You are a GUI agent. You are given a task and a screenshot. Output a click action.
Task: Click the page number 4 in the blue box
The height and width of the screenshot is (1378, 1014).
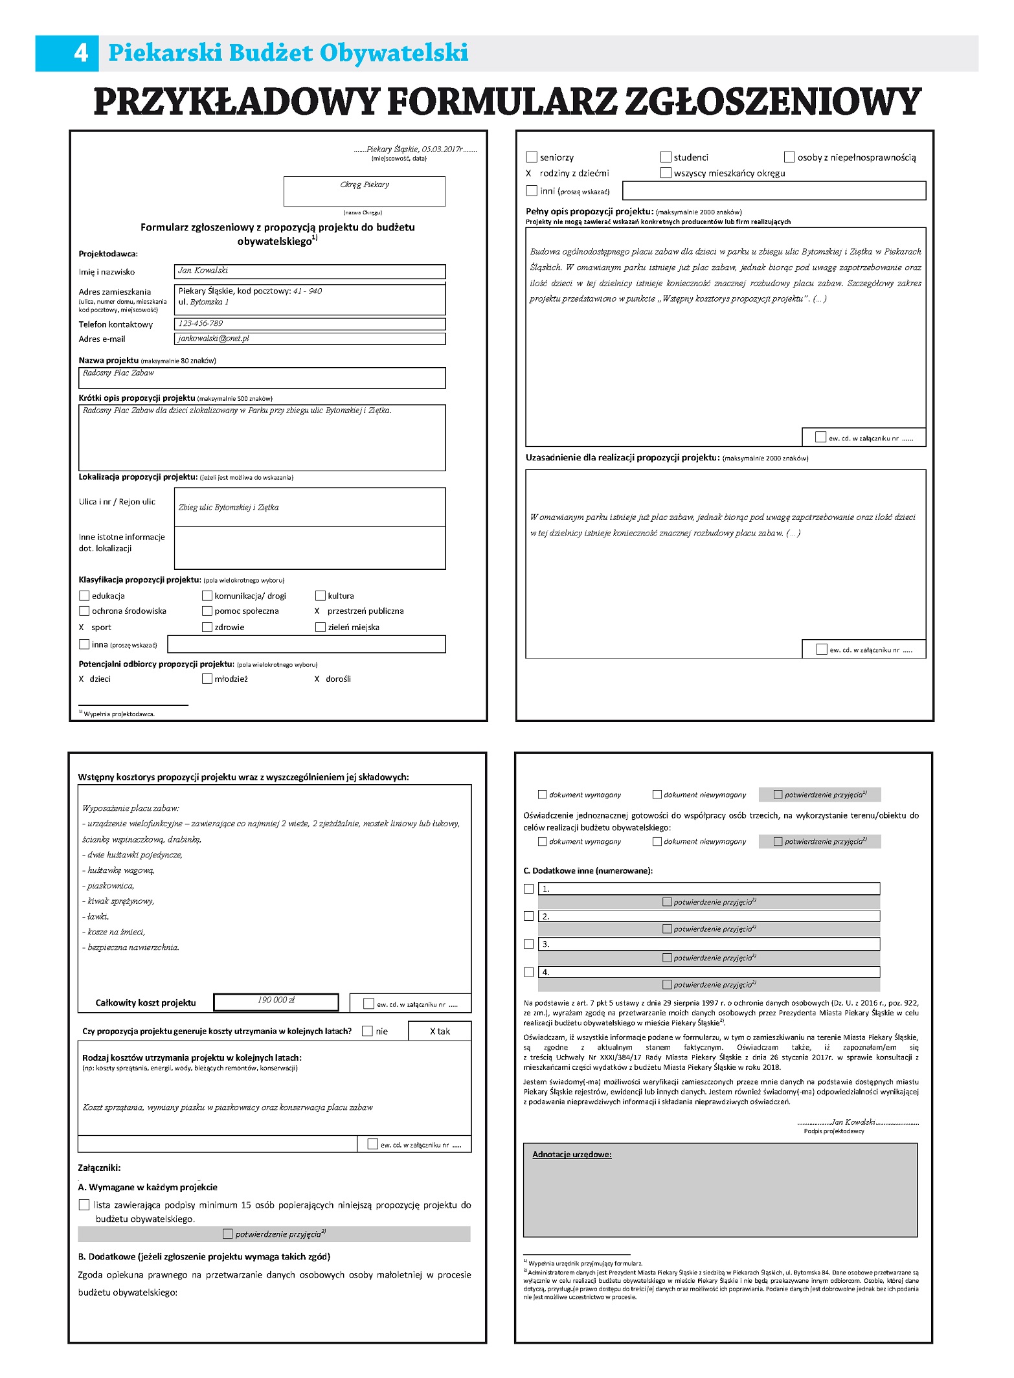(80, 52)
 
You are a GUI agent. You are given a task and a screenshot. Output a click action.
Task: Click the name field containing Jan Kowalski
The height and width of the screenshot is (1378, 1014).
(310, 271)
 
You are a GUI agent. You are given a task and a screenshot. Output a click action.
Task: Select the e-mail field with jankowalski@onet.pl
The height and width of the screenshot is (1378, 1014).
(310, 339)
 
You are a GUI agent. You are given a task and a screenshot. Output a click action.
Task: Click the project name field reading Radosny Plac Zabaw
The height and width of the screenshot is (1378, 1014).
(262, 378)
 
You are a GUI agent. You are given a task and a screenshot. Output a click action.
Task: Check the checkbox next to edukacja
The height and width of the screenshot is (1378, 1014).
(84, 596)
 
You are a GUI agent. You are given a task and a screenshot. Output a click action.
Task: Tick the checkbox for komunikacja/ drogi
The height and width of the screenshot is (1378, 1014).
(207, 596)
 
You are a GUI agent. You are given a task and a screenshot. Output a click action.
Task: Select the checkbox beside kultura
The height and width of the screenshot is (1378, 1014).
(321, 596)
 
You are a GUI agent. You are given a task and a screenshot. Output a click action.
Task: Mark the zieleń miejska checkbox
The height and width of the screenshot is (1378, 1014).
(321, 627)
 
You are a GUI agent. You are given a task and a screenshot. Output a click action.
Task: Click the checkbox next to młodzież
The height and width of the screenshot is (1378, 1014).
(207, 679)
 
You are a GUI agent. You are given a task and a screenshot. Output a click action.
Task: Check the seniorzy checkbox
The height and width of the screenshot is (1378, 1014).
(532, 157)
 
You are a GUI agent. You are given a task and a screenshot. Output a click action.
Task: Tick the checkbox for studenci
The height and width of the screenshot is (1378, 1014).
(666, 157)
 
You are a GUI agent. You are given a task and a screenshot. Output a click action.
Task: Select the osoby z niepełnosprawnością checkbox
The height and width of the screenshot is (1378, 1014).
(789, 157)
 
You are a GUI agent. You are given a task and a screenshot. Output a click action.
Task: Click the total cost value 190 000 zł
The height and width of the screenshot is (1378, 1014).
(276, 1000)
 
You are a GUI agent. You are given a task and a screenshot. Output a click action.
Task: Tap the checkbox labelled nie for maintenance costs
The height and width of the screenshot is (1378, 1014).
(368, 1031)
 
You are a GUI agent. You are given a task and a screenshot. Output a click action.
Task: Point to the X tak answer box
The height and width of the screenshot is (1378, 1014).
(440, 1031)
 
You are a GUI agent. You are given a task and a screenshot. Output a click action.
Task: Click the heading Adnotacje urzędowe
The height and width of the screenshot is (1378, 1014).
(572, 1155)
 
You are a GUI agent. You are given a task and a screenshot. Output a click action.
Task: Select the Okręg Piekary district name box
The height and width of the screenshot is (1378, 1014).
(365, 191)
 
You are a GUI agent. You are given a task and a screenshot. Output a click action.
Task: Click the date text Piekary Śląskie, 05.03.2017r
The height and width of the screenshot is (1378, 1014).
(414, 150)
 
